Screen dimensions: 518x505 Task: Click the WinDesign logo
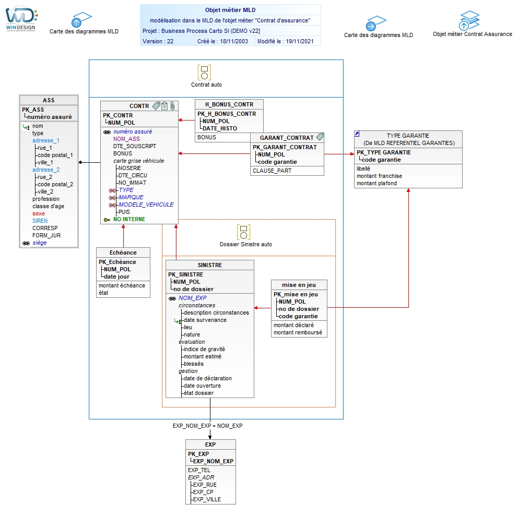click(21, 18)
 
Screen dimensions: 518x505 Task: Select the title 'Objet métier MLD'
click(230, 10)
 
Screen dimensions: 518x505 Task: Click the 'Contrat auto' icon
click(204, 73)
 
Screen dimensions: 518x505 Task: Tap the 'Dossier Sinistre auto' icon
click(243, 232)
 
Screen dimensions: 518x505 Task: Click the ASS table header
click(49, 100)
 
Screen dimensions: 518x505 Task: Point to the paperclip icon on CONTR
click(172, 105)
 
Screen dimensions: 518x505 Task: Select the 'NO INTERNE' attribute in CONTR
click(129, 219)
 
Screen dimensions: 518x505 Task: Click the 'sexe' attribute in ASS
click(38, 213)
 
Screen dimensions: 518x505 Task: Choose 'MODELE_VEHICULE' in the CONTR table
click(146, 205)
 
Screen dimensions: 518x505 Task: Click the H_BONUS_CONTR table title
click(229, 104)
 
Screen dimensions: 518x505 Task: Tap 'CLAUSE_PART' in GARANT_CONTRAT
click(272, 171)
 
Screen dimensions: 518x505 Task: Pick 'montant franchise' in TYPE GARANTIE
click(379, 176)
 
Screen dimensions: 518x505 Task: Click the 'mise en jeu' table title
click(299, 285)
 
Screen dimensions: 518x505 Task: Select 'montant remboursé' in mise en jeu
click(298, 332)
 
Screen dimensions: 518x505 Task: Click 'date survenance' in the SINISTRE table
click(205, 320)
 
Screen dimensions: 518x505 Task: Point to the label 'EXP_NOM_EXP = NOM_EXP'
click(207, 426)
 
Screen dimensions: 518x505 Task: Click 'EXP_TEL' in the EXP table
click(199, 470)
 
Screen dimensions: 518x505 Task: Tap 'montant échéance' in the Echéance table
click(122, 285)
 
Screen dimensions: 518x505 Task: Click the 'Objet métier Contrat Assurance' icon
click(469, 20)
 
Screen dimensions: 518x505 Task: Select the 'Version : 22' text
click(158, 41)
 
